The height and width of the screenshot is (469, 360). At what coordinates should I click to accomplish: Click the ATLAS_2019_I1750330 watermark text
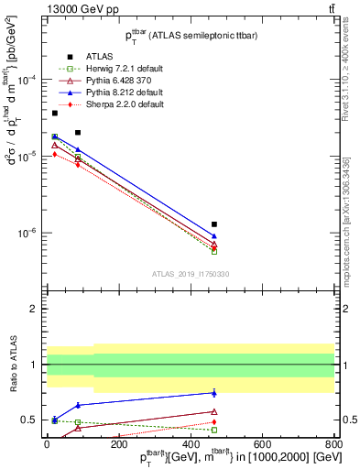click(x=191, y=274)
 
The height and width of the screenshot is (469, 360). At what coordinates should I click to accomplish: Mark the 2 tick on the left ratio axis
click(x=37, y=310)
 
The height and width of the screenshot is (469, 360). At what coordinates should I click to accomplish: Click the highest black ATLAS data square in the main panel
click(x=55, y=113)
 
